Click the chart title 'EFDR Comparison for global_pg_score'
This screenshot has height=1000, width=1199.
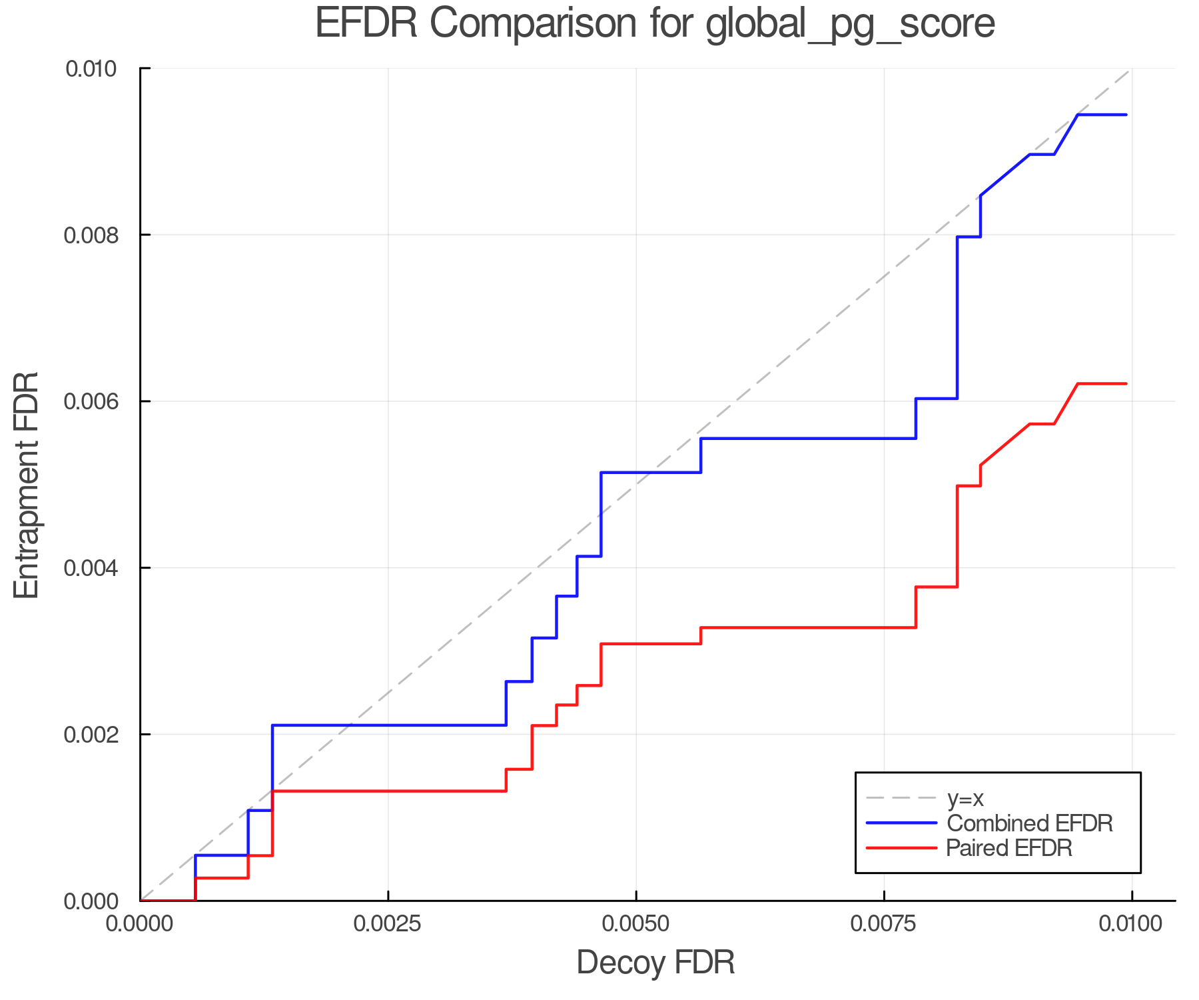pos(655,24)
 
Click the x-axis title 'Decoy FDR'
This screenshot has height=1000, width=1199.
pos(655,963)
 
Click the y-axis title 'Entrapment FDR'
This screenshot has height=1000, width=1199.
pos(27,485)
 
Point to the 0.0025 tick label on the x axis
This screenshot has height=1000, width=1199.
pos(388,924)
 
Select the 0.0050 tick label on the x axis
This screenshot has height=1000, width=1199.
pos(636,924)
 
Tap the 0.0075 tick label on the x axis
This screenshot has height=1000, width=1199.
pos(884,924)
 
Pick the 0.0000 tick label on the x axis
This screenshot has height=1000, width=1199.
pos(140,924)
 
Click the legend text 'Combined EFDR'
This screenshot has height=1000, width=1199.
pos(1029,823)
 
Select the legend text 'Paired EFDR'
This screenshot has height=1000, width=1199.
pos(1009,848)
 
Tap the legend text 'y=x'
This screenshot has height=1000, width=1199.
pos(965,798)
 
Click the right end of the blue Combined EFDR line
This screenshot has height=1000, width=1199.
pos(1126,115)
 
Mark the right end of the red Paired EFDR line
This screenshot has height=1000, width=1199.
pos(1126,384)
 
